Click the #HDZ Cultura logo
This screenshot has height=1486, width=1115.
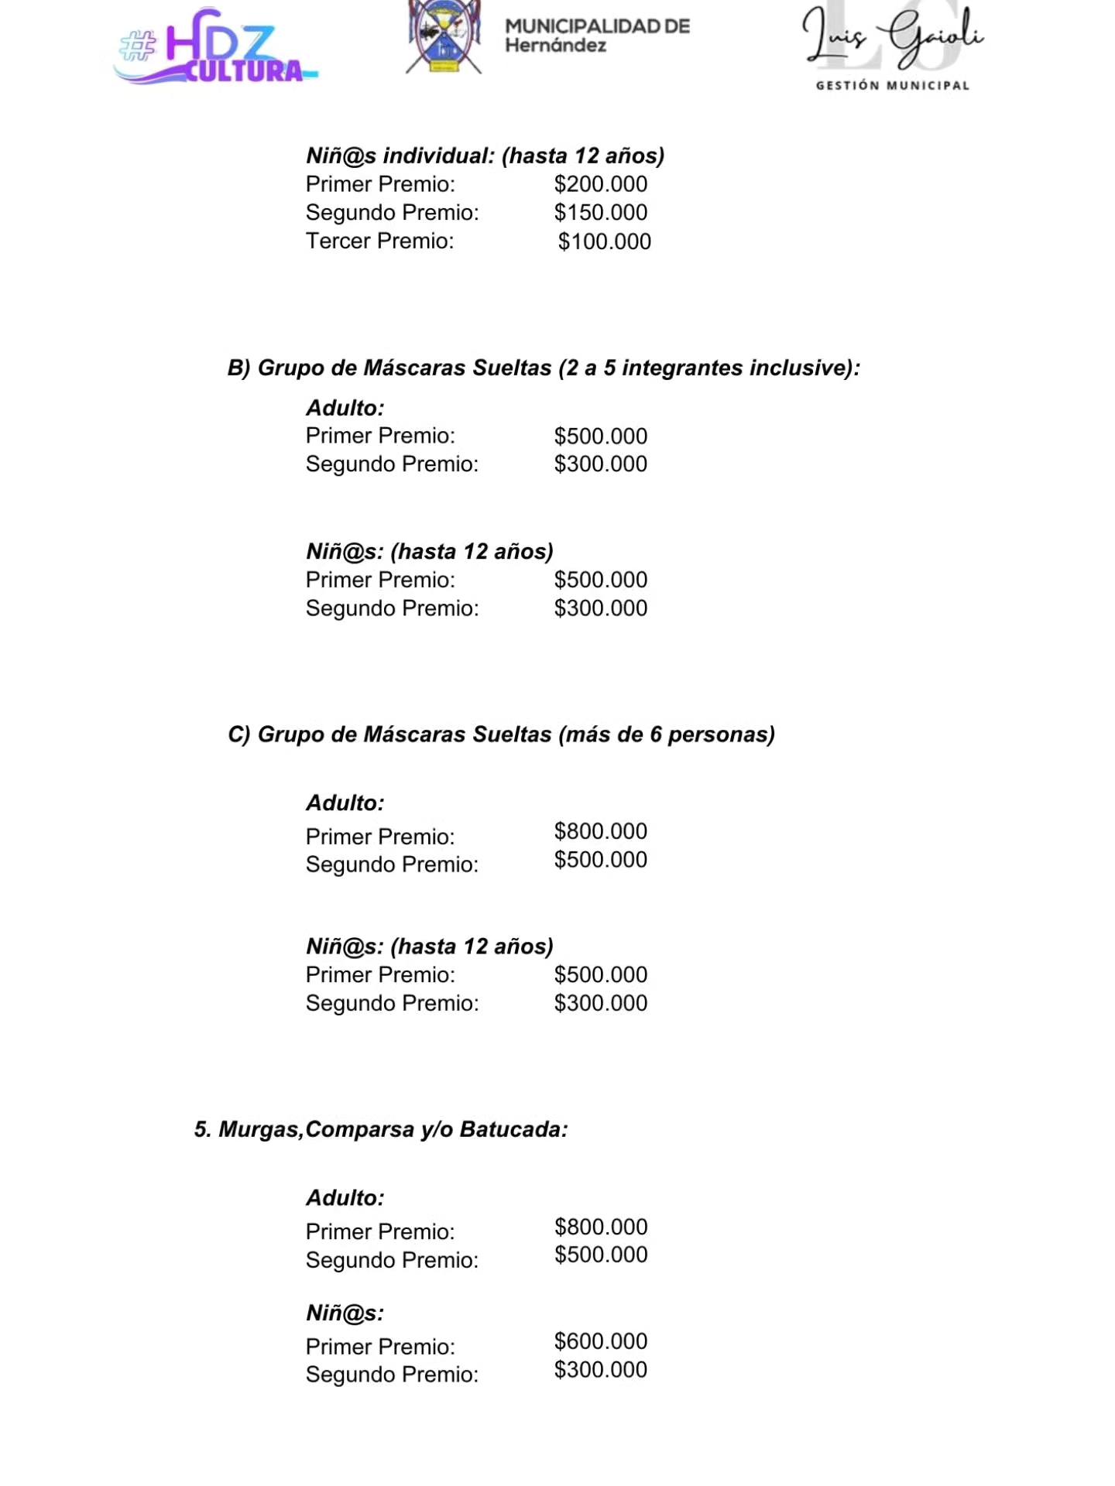(x=214, y=48)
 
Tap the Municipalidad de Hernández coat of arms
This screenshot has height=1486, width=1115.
(x=444, y=37)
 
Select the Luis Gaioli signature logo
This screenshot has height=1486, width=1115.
(x=892, y=37)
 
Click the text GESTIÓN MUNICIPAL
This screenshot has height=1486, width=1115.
(x=892, y=86)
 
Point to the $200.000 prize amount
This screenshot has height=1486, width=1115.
(x=600, y=184)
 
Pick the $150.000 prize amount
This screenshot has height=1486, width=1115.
(x=600, y=213)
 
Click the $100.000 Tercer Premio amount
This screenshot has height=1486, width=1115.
(x=604, y=241)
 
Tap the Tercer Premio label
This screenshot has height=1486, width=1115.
(x=379, y=241)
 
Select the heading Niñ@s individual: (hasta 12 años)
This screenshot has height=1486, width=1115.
(x=485, y=156)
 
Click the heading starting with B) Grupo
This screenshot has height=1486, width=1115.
(x=544, y=368)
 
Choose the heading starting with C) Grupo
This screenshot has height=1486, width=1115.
(x=501, y=734)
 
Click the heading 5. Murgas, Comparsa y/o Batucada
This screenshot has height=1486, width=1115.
(x=381, y=1129)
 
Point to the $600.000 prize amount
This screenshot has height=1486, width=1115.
(x=600, y=1341)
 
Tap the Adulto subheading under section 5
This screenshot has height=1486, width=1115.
(x=345, y=1198)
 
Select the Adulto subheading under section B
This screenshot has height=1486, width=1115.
(x=345, y=408)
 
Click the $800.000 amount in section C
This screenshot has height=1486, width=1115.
(x=600, y=831)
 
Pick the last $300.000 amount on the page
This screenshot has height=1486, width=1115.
(x=600, y=1370)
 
